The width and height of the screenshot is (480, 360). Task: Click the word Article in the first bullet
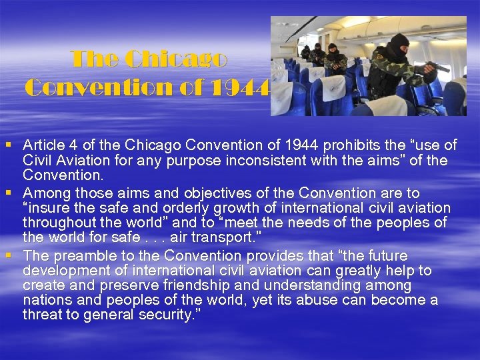(44, 145)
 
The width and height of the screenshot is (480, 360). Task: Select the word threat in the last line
(42, 315)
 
